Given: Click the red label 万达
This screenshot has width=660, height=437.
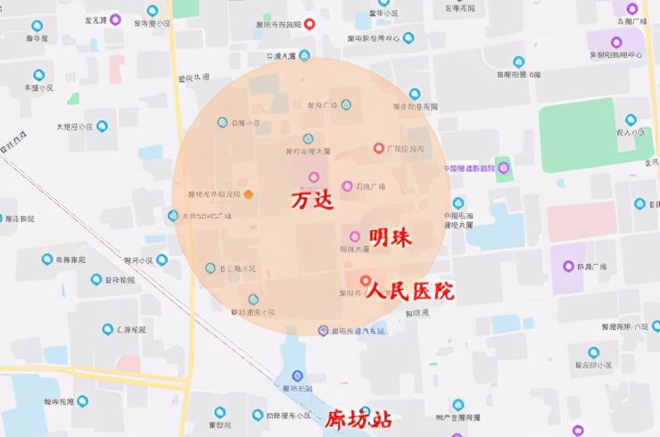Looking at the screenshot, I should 312,201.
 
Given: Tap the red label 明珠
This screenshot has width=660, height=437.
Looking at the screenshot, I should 391,237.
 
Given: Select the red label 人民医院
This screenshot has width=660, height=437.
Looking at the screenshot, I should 410,291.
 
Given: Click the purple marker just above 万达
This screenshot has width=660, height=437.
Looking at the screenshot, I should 314,177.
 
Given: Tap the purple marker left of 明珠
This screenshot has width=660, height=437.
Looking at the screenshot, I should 354,236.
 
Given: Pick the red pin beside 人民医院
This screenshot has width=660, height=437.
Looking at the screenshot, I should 365,281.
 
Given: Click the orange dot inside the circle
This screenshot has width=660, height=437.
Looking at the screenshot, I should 249,194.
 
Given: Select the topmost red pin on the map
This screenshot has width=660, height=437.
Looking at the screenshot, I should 309,23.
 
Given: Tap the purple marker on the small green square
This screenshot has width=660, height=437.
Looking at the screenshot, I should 504,167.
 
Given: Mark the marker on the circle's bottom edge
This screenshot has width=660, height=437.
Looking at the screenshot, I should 324,331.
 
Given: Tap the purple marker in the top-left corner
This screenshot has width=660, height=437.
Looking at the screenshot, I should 115,19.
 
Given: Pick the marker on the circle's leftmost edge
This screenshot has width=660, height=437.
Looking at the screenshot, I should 173,215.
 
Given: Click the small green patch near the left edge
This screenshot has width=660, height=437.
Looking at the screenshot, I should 72,99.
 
